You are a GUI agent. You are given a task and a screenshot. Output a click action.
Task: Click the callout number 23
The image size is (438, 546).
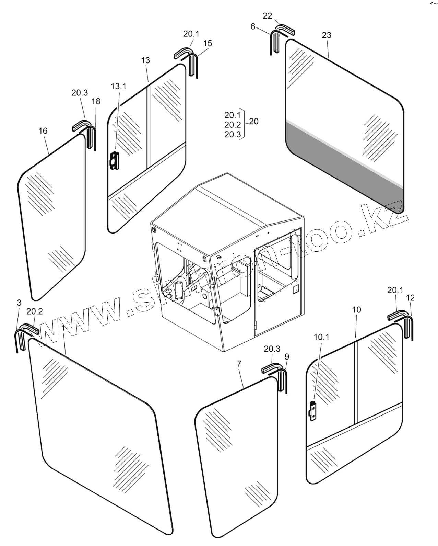pyautogui.click(x=327, y=35)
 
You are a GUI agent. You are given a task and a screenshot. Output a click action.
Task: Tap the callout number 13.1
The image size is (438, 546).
pyautogui.click(x=118, y=86)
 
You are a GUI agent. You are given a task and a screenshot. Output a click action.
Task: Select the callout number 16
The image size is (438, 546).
pyautogui.click(x=43, y=131)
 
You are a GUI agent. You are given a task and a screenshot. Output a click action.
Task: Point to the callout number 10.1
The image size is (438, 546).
pyautogui.click(x=321, y=337)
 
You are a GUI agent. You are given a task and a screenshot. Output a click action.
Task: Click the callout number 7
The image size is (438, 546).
pyautogui.click(x=239, y=363)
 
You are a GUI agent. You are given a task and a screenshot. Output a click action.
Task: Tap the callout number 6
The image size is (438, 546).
pyautogui.click(x=253, y=26)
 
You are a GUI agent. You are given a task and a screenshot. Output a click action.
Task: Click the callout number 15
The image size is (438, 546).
pyautogui.click(x=208, y=43)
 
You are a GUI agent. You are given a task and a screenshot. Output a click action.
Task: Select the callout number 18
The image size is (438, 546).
pyautogui.click(x=96, y=101)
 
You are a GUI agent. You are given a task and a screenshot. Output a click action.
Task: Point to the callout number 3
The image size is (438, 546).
pyautogui.click(x=19, y=303)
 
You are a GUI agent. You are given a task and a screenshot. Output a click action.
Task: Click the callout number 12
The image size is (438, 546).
pyautogui.click(x=410, y=298)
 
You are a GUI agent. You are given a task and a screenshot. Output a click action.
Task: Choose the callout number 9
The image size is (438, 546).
pyautogui.click(x=287, y=357)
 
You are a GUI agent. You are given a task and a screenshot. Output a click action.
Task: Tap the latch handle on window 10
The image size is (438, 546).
pyautogui.click(x=313, y=411)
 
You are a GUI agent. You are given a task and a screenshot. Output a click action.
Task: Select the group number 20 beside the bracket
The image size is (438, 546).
pyautogui.click(x=254, y=121)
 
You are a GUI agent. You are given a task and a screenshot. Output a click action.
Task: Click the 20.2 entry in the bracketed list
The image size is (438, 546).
pyautogui.click(x=233, y=125)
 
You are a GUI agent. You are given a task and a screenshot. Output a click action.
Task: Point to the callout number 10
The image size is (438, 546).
pyautogui.click(x=356, y=310)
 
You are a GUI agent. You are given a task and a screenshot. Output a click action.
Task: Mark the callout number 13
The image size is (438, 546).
pyautogui.click(x=145, y=60)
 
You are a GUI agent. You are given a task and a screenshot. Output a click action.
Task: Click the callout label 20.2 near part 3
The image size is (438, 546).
pyautogui.click(x=35, y=312)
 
